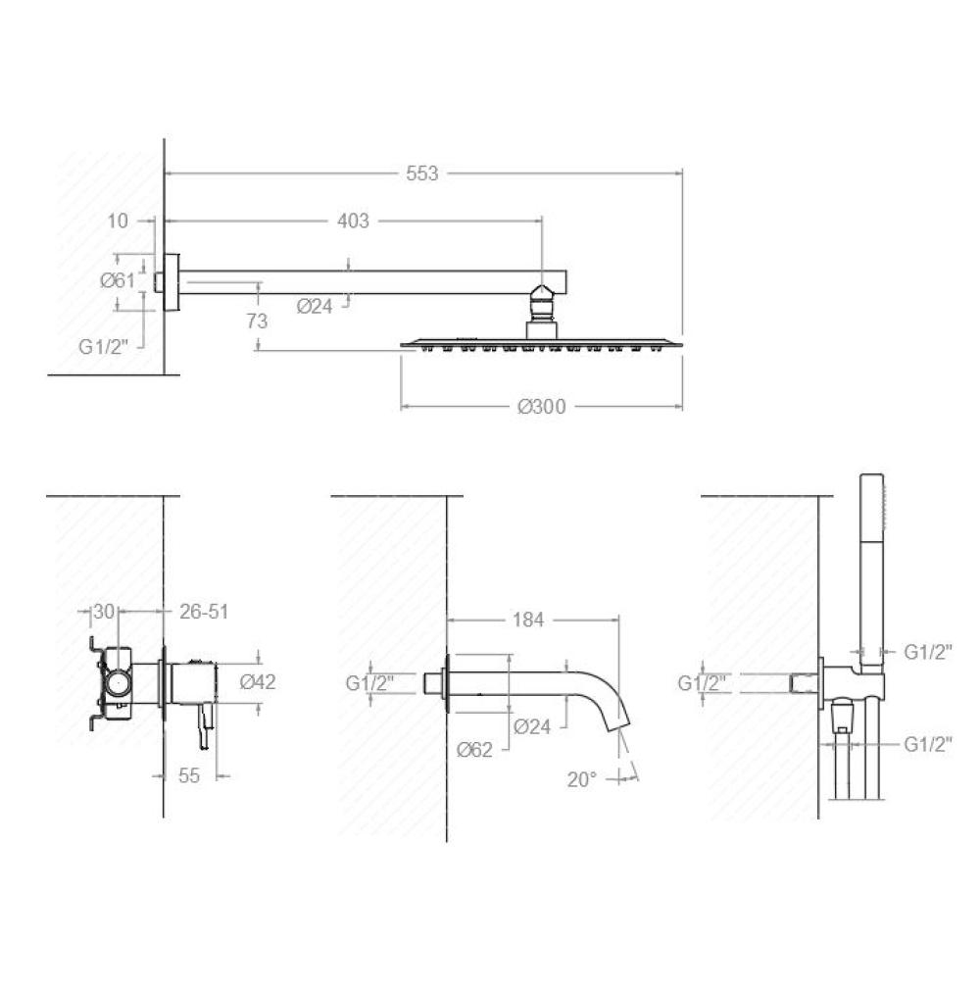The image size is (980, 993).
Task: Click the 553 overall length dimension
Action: [422, 173]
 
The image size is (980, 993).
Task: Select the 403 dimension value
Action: [353, 221]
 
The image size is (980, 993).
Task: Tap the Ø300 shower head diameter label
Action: [541, 406]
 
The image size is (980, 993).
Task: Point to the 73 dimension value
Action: [257, 322]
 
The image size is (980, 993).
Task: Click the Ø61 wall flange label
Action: [118, 279]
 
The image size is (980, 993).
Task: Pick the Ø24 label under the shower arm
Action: [315, 307]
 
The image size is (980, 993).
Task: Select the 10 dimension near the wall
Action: [118, 221]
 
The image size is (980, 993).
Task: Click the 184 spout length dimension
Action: [528, 620]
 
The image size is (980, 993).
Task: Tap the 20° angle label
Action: [582, 779]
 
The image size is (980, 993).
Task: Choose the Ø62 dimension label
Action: [474, 750]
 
